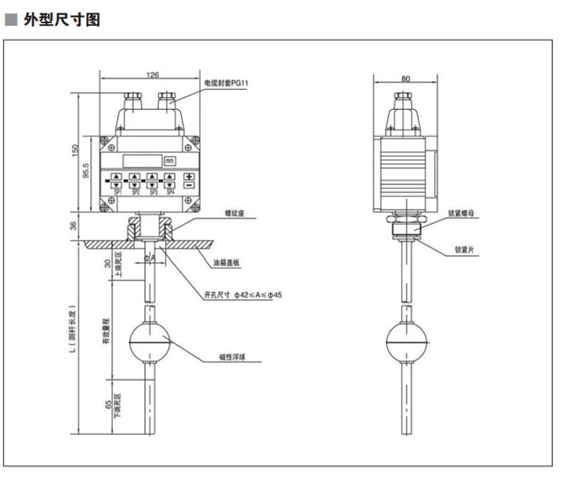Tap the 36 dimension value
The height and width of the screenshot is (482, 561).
[x=75, y=227]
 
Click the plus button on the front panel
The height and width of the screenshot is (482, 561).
[x=189, y=176]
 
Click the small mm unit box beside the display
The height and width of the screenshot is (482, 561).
[x=169, y=160]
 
